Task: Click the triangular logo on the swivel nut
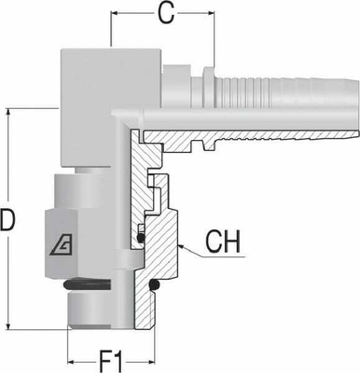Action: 56,244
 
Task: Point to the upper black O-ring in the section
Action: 139,239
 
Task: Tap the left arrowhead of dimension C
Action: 114,14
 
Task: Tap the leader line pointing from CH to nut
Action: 192,251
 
